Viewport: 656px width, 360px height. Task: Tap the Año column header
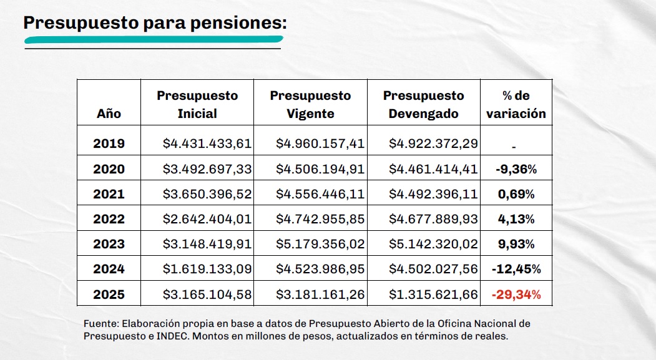109,114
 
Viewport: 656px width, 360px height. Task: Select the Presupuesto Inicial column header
197,104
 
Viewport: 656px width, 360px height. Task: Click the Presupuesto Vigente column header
310,104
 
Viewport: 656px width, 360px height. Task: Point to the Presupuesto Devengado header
423,104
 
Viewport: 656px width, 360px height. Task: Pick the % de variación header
516,104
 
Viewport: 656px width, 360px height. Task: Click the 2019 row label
109,144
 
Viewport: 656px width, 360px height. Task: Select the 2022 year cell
109,219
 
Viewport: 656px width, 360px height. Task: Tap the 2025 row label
109,294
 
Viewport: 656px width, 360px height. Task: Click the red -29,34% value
516,294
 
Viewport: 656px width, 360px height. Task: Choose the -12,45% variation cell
516,269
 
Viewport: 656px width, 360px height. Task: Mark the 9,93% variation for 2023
516,244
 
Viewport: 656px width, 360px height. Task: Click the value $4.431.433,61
207,144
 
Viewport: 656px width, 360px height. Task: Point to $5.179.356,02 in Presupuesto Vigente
320,244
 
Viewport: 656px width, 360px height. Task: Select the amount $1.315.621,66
433,294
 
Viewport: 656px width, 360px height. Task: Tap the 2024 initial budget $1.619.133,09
207,269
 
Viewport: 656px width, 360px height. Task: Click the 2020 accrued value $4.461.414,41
433,169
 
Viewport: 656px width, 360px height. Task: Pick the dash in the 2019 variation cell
513,147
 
